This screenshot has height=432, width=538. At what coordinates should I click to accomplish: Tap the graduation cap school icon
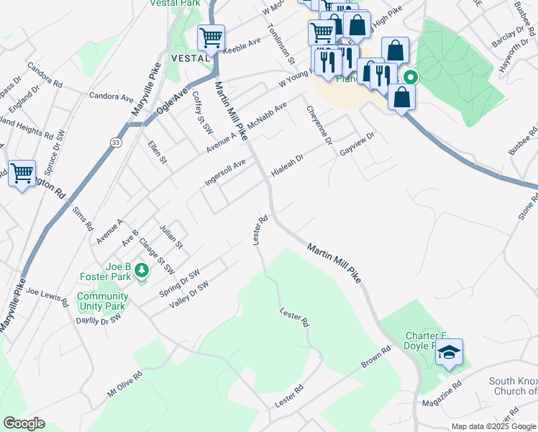tap(449, 352)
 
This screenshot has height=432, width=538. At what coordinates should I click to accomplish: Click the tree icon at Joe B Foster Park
tap(142, 270)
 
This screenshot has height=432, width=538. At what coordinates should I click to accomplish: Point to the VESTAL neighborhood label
tap(190, 57)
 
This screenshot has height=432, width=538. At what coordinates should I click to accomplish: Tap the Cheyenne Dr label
tap(319, 124)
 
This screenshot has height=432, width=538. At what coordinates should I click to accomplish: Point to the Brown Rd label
tap(375, 358)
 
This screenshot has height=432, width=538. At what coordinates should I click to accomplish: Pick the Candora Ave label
tap(111, 96)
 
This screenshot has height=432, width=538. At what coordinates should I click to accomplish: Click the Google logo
tap(24, 423)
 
